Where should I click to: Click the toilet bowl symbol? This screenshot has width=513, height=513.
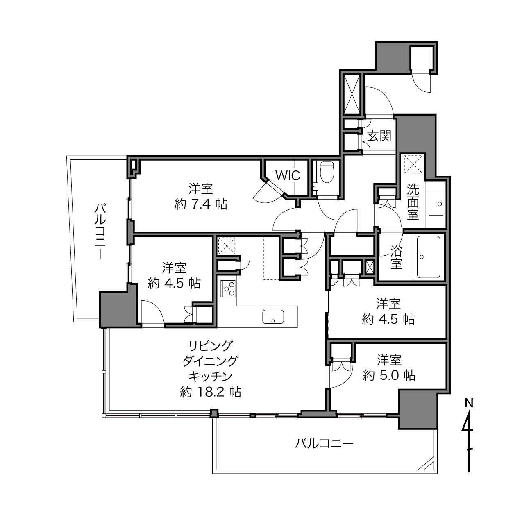tap(327, 172)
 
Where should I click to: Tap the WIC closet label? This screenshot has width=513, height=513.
tap(288, 175)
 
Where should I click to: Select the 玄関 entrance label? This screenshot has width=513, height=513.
tap(379, 136)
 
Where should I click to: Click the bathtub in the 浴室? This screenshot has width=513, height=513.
tap(428, 257)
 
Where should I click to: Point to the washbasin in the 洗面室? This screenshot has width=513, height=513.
tap(436, 204)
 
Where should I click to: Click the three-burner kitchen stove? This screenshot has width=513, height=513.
tap(228, 289)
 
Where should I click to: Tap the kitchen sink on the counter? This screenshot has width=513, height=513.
tap(273, 317)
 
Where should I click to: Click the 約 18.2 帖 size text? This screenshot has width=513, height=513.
tap(210, 392)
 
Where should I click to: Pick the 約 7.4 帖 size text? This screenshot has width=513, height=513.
tap(201, 204)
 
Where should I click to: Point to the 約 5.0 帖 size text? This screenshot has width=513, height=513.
tap(389, 375)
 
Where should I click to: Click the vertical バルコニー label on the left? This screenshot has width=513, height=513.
tap(100, 231)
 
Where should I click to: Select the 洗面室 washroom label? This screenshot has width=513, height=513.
tap(413, 202)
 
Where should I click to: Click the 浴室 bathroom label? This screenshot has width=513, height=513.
tap(396, 257)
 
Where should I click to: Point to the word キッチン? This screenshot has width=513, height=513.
tap(210, 377)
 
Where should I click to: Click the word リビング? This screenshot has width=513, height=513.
tap(210, 346)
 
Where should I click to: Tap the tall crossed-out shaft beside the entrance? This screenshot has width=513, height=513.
tap(352, 94)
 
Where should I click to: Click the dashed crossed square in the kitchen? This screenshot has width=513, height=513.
tap(227, 246)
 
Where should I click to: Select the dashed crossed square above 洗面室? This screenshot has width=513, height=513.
tap(413, 164)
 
